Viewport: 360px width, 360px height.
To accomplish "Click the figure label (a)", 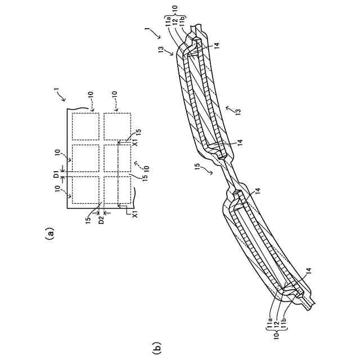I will tap(50, 232).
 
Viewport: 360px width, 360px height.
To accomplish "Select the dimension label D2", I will tap(102, 220).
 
